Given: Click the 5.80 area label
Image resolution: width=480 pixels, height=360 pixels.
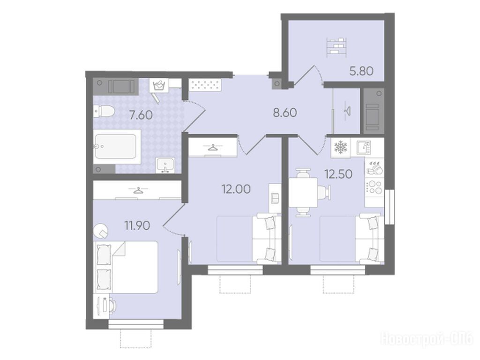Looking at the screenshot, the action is [361, 71].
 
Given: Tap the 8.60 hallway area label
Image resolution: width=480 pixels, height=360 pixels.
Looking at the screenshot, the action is [285, 113].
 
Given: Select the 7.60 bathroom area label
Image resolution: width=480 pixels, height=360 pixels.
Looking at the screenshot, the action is [141, 115].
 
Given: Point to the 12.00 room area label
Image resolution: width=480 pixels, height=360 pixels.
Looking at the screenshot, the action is [236, 189].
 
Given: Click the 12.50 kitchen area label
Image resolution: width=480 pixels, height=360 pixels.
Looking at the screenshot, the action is [338, 174].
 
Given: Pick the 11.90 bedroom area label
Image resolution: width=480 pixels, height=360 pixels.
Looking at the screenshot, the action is [137, 226].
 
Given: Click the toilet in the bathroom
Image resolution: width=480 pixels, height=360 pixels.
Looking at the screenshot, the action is [104, 111].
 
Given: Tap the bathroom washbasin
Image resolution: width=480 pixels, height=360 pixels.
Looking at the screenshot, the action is [165, 165].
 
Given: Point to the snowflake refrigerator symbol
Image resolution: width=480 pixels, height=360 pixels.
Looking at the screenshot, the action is [339, 147].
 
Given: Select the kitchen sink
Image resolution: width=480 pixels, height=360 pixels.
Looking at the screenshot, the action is [364, 147].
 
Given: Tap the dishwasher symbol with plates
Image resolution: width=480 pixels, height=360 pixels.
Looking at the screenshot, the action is [375, 167].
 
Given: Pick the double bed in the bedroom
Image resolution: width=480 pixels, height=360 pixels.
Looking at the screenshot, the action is [126, 267].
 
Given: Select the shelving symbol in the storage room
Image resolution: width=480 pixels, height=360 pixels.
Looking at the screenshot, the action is [337, 47].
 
